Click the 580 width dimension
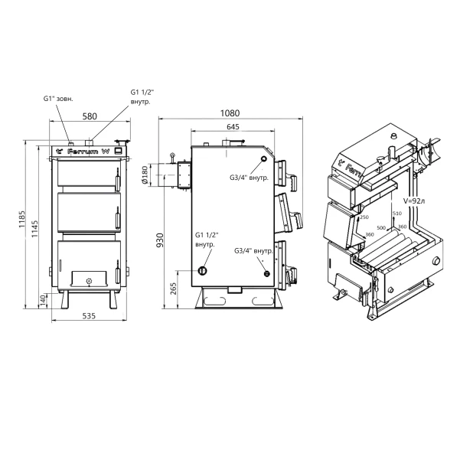tap(90, 116)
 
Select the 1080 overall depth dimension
tap(230, 113)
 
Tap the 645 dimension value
tap(233, 126)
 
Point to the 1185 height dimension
tap(22, 219)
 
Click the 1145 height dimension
tap(34, 229)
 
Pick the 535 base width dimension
tap(89, 316)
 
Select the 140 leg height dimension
tap(43, 301)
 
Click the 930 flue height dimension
tap(160, 240)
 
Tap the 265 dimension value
tap(173, 289)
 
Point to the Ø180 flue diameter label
tap(144, 175)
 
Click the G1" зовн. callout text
tap(58, 99)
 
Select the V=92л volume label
tap(414, 201)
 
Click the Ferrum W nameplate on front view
tap(88, 152)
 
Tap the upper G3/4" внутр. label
tap(249, 178)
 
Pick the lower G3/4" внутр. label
tap(254, 251)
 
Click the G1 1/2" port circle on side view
tap(202, 271)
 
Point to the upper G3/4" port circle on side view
tap(264, 159)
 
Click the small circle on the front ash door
tap(89, 281)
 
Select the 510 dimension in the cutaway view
tap(397, 214)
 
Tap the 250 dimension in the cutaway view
tap(364, 217)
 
